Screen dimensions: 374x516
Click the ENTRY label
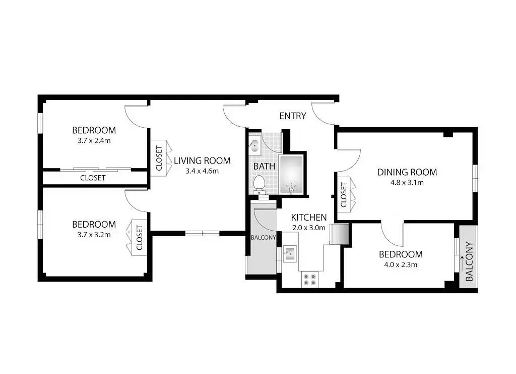[293, 116]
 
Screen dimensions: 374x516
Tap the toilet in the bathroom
[259, 184]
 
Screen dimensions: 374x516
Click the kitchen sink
[290, 253]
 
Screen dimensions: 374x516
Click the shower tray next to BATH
[291, 175]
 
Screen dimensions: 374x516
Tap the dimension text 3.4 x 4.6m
[202, 171]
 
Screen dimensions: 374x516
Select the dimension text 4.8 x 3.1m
[407, 182]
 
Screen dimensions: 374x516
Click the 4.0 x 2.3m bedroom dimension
[401, 264]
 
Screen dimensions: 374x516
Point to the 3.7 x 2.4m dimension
[94, 141]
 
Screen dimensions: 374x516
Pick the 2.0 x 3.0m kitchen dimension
[309, 228]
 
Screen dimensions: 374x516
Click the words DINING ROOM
[407, 172]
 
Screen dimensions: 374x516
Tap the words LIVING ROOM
[202, 161]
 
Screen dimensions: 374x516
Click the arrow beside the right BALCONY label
[462, 263]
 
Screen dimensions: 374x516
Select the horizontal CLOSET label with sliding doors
[93, 178]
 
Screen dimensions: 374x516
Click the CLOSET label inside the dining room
[344, 195]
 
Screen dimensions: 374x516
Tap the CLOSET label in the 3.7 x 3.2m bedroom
[140, 238]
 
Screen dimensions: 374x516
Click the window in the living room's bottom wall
[202, 233]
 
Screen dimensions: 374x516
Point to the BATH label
[264, 166]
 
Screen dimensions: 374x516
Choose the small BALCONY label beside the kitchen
[263, 237]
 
